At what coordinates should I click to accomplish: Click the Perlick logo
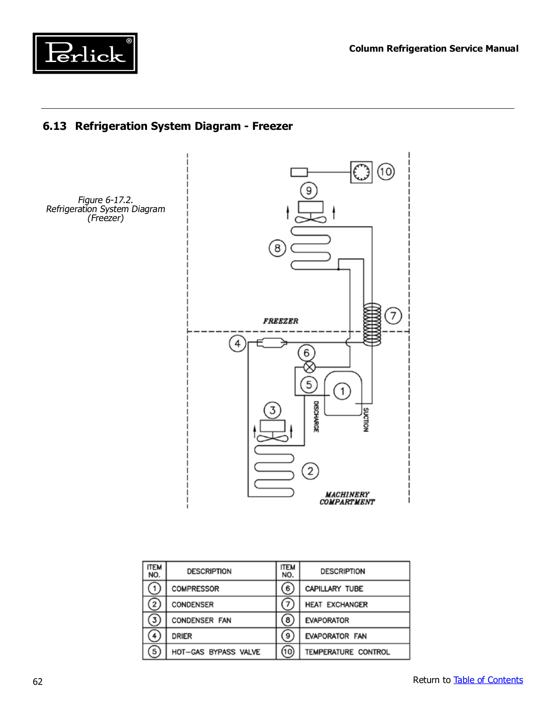coord(85,53)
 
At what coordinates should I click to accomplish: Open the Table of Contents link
coord(488,679)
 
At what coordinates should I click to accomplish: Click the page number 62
coord(38,682)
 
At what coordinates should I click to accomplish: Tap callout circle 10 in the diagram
coord(386,172)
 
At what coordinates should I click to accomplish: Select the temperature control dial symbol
coord(361,172)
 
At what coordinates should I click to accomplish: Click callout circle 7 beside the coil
coord(393,315)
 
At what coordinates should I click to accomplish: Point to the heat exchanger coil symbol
coord(372,324)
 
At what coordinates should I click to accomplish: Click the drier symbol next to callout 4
coord(272,342)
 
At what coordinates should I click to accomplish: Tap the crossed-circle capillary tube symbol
coord(309,367)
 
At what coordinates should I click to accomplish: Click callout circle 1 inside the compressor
coord(342,391)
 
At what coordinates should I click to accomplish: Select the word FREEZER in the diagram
coord(280,321)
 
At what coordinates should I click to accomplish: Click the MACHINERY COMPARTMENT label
coord(347,498)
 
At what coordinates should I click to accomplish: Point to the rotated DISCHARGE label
coord(316,417)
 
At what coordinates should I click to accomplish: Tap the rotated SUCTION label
coord(366,420)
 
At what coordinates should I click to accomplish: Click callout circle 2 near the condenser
coord(310,471)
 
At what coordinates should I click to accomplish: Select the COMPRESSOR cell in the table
coord(195,589)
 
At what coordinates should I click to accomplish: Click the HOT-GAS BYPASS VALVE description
coord(216,652)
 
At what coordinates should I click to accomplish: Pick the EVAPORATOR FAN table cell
coord(336,636)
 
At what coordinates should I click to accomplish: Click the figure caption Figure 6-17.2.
coord(106,200)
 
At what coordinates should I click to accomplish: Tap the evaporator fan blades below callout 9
coord(311,219)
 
